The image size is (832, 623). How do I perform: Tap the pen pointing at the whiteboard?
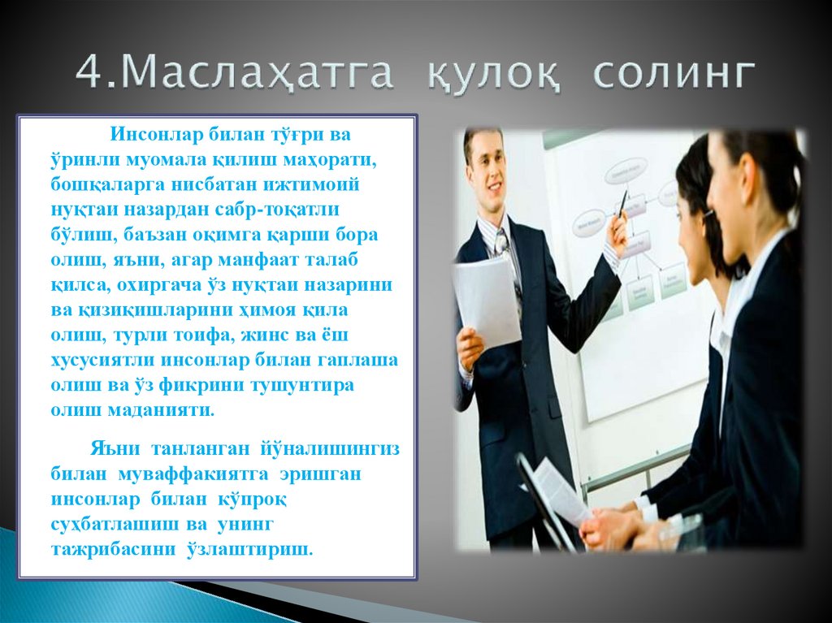623,202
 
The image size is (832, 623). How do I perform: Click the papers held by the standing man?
487,301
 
